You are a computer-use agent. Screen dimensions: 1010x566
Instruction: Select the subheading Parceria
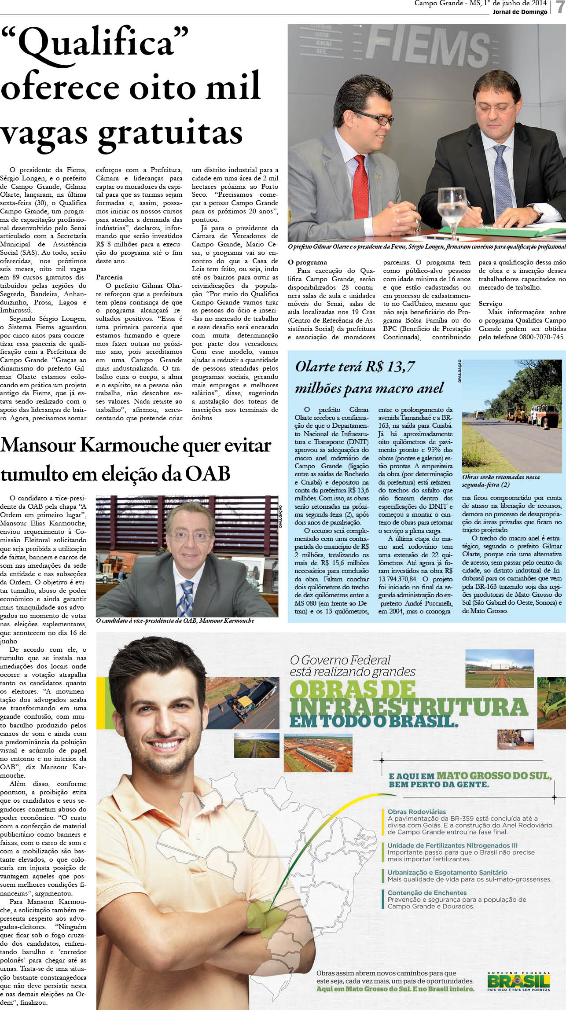pyautogui.click(x=109, y=277)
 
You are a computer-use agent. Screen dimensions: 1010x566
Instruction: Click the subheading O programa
pyautogui.click(x=307, y=262)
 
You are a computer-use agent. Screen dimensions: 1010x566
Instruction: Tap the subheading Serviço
pyautogui.click(x=490, y=304)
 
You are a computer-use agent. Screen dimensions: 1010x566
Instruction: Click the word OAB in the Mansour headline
pyautogui.click(x=207, y=474)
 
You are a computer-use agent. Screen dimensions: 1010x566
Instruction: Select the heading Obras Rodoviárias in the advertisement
pyautogui.click(x=416, y=812)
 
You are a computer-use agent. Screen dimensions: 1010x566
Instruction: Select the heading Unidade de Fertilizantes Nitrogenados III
pyautogui.click(x=452, y=845)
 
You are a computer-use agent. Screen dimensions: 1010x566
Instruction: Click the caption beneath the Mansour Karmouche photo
pyautogui.click(x=175, y=621)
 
